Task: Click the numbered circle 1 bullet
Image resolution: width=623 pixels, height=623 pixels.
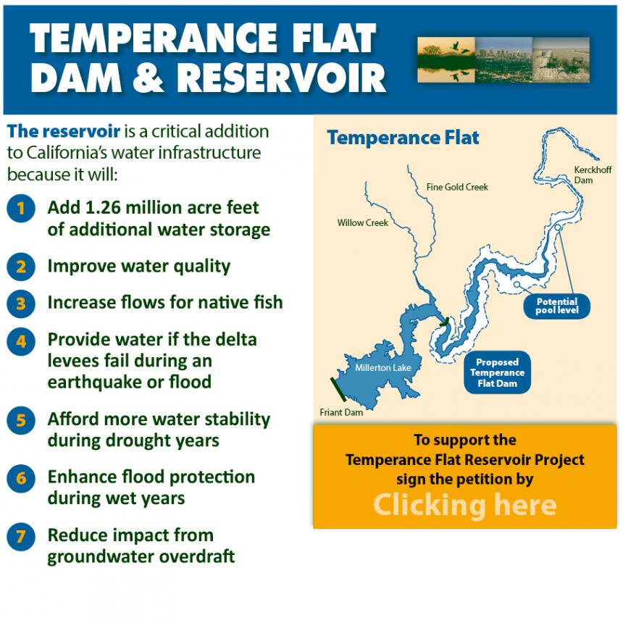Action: pos(21,208)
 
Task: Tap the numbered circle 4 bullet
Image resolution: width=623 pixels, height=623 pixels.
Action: pos(21,341)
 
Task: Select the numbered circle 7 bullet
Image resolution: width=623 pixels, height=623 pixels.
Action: pos(21,537)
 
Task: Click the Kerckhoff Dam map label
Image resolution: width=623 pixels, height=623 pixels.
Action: pos(593,175)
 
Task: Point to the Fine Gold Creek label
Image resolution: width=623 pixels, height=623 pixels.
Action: pos(457,187)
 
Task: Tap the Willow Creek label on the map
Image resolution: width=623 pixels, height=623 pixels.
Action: pos(362,223)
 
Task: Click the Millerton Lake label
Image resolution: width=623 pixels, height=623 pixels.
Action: pos(383,368)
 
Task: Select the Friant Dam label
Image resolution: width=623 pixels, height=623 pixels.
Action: pos(341,412)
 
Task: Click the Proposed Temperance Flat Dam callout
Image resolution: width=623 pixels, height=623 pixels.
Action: pos(497,372)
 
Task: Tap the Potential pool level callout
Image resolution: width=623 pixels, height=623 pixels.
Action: pos(556,306)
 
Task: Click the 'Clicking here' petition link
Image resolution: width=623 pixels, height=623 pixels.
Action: pos(465,505)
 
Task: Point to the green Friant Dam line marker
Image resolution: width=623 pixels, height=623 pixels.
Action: pos(338,390)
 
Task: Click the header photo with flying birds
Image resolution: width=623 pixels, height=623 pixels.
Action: pos(446,60)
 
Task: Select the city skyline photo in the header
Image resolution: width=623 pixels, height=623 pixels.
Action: pos(503,60)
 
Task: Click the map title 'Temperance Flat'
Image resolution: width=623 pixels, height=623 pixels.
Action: pos(403,138)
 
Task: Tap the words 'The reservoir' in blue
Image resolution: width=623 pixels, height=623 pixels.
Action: pos(64,131)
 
